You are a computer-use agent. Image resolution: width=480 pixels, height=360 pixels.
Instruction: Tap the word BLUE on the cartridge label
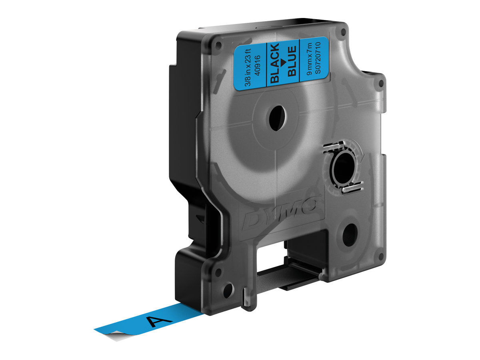[292, 61]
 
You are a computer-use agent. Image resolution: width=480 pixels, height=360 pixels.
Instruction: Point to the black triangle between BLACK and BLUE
[284, 62]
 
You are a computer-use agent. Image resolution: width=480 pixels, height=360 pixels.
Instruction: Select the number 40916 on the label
[258, 66]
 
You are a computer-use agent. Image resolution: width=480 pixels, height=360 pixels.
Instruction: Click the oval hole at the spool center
[277, 118]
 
